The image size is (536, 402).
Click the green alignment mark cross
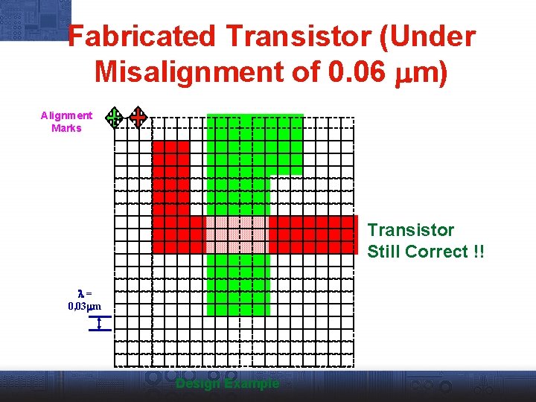click(x=114, y=117)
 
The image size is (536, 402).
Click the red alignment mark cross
click(x=138, y=117)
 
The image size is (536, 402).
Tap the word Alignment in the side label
click(x=66, y=115)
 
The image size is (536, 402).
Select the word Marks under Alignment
click(x=66, y=128)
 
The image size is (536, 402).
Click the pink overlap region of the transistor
click(x=236, y=234)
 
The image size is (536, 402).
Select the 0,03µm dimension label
click(x=84, y=306)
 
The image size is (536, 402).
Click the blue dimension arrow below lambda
click(x=99, y=323)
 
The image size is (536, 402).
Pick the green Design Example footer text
click(x=227, y=384)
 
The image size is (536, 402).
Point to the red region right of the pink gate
click(x=313, y=234)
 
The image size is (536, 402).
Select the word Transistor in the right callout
click(x=410, y=230)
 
